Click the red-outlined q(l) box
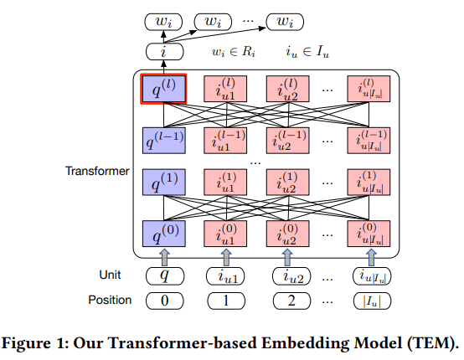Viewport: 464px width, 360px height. coord(163,89)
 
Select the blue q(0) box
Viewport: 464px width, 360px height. coord(164,234)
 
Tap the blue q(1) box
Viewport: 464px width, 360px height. coord(164,183)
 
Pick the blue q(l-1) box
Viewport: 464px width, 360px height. coord(164,141)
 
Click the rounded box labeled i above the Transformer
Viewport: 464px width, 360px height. coord(164,51)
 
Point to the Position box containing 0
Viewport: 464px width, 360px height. coord(164,301)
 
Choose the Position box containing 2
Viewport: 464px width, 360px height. coord(291,301)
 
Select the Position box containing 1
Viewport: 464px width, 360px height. coord(226,301)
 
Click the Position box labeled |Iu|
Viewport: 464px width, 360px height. coord(372,301)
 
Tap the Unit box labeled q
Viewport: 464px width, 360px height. coord(165,276)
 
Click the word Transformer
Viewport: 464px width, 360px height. coord(97,171)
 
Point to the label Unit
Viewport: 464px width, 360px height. coord(110,275)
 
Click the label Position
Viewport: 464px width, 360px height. coord(110,300)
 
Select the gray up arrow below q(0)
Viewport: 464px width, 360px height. coord(164,257)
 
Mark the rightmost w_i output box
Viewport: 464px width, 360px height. coord(285,22)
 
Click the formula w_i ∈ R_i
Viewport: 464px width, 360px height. coord(234,52)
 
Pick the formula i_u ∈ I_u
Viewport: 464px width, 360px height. coord(307,52)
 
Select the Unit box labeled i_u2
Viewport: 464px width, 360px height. coord(291,276)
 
